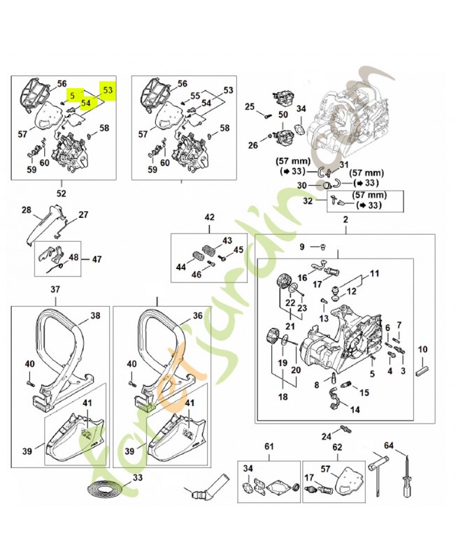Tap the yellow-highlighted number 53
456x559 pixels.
pyautogui.click(x=107, y=90)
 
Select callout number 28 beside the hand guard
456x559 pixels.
pyautogui.click(x=27, y=210)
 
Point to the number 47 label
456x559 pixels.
pyautogui.click(x=97, y=259)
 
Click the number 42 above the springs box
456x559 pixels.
pyautogui.click(x=209, y=218)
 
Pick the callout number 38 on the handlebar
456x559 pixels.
pyautogui.click(x=95, y=316)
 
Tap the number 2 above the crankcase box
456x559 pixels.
pyautogui.click(x=344, y=221)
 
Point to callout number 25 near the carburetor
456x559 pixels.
pyautogui.click(x=249, y=106)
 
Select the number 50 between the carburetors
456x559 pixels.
pyautogui.click(x=283, y=115)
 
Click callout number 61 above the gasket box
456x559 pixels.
pyautogui.click(x=269, y=447)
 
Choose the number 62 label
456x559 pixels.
pyautogui.click(x=336, y=447)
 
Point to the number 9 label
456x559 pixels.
pyautogui.click(x=303, y=247)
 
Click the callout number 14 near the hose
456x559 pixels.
pyautogui.click(x=355, y=410)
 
